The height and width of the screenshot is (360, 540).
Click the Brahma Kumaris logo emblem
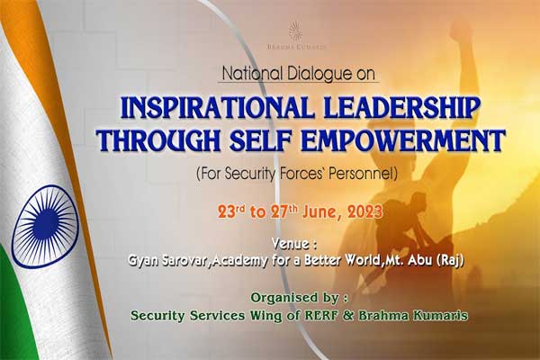pyautogui.click(x=295, y=31)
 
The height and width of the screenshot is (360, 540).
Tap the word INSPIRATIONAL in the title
pyautogui.click(x=217, y=108)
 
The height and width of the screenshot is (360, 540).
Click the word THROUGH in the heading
pyautogui.click(x=159, y=140)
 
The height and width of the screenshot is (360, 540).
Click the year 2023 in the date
pyautogui.click(x=364, y=212)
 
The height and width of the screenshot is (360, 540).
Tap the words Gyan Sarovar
pyautogui.click(x=168, y=260)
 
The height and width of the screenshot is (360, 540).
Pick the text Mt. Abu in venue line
pyautogui.click(x=409, y=260)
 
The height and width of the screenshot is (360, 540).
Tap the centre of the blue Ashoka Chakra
pyautogui.click(x=46, y=226)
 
